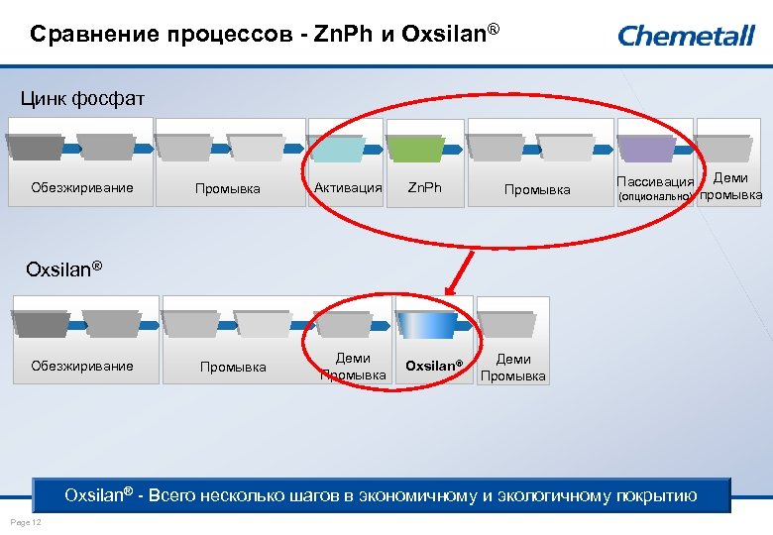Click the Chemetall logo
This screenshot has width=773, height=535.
(x=687, y=36)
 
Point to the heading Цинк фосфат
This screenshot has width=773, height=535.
(x=83, y=98)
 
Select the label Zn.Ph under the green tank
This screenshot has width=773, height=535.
(x=425, y=187)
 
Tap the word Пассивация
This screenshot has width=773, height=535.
(x=655, y=182)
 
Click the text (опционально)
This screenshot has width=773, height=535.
(x=655, y=196)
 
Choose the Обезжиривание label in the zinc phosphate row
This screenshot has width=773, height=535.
(x=82, y=187)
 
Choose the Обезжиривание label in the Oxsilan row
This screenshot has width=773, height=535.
(x=82, y=366)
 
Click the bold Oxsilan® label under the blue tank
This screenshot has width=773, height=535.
(x=433, y=366)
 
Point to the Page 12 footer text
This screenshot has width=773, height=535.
(x=24, y=522)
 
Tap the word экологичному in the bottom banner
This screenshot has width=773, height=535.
(x=549, y=495)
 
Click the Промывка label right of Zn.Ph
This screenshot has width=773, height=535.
(x=537, y=188)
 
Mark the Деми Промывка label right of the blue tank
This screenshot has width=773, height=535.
(x=513, y=367)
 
